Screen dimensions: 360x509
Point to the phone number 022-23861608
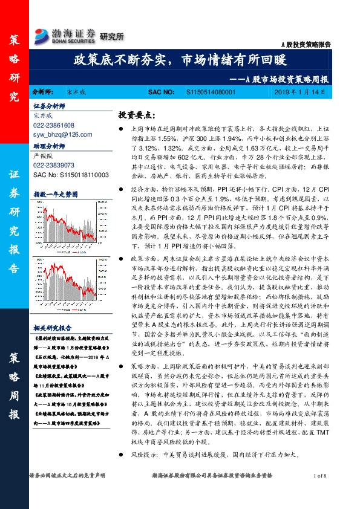[x=54, y=125]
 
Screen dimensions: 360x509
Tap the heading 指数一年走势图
[x=56, y=194]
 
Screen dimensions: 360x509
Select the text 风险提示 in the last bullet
[x=142, y=469]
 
